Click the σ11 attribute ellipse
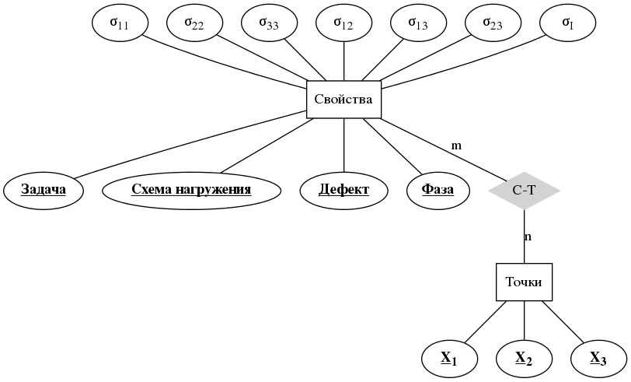coord(120,23)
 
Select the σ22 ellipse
coord(194,23)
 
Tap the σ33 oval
coord(269,23)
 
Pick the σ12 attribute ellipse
coord(343,23)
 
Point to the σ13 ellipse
coord(418,23)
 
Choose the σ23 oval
coord(493,23)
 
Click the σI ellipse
coord(567,23)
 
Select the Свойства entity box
coord(343,100)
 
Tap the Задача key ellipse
coord(44,190)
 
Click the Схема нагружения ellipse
coord(191,190)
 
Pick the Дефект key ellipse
coord(343,190)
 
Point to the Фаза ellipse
coord(438,190)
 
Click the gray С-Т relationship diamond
coord(525,190)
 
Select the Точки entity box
coord(525,282)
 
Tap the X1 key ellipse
coord(449,359)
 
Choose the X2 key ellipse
coord(525,359)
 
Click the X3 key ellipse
coord(598,359)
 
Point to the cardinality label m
coord(456,145)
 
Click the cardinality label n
coord(528,237)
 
